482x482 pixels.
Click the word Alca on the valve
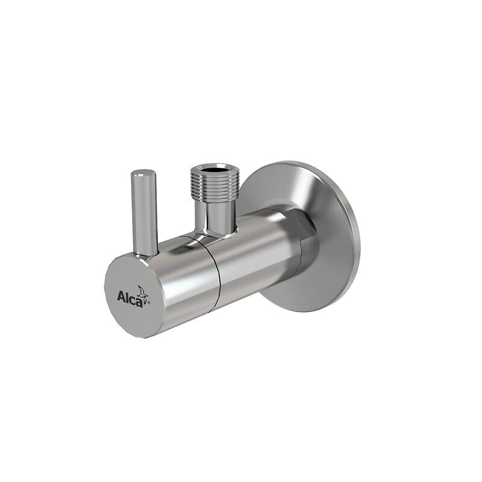tap(131, 297)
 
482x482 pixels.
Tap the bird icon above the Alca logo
tap(142, 292)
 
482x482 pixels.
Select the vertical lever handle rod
tap(145, 211)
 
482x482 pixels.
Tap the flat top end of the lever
tap(144, 173)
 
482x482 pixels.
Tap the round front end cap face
tap(130, 295)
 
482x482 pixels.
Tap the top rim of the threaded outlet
tap(215, 164)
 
